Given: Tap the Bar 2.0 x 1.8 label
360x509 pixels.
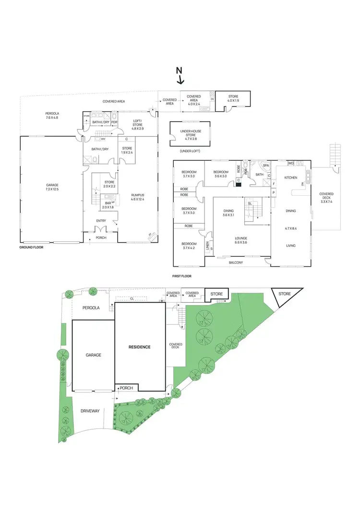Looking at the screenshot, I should pyautogui.click(x=109, y=205).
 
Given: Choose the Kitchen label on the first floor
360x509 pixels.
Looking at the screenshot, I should pyautogui.click(x=291, y=178).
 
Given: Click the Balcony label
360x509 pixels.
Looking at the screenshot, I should pyautogui.click(x=236, y=262).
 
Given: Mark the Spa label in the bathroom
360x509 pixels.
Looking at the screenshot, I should pyautogui.click(x=265, y=166).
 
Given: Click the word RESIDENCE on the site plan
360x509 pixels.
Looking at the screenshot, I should pyautogui.click(x=139, y=346).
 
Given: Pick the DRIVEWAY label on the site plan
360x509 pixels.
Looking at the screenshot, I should pyautogui.click(x=90, y=411).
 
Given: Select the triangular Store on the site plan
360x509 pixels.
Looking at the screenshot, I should pyautogui.click(x=285, y=294).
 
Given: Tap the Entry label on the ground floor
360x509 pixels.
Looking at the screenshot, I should pyautogui.click(x=101, y=221).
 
